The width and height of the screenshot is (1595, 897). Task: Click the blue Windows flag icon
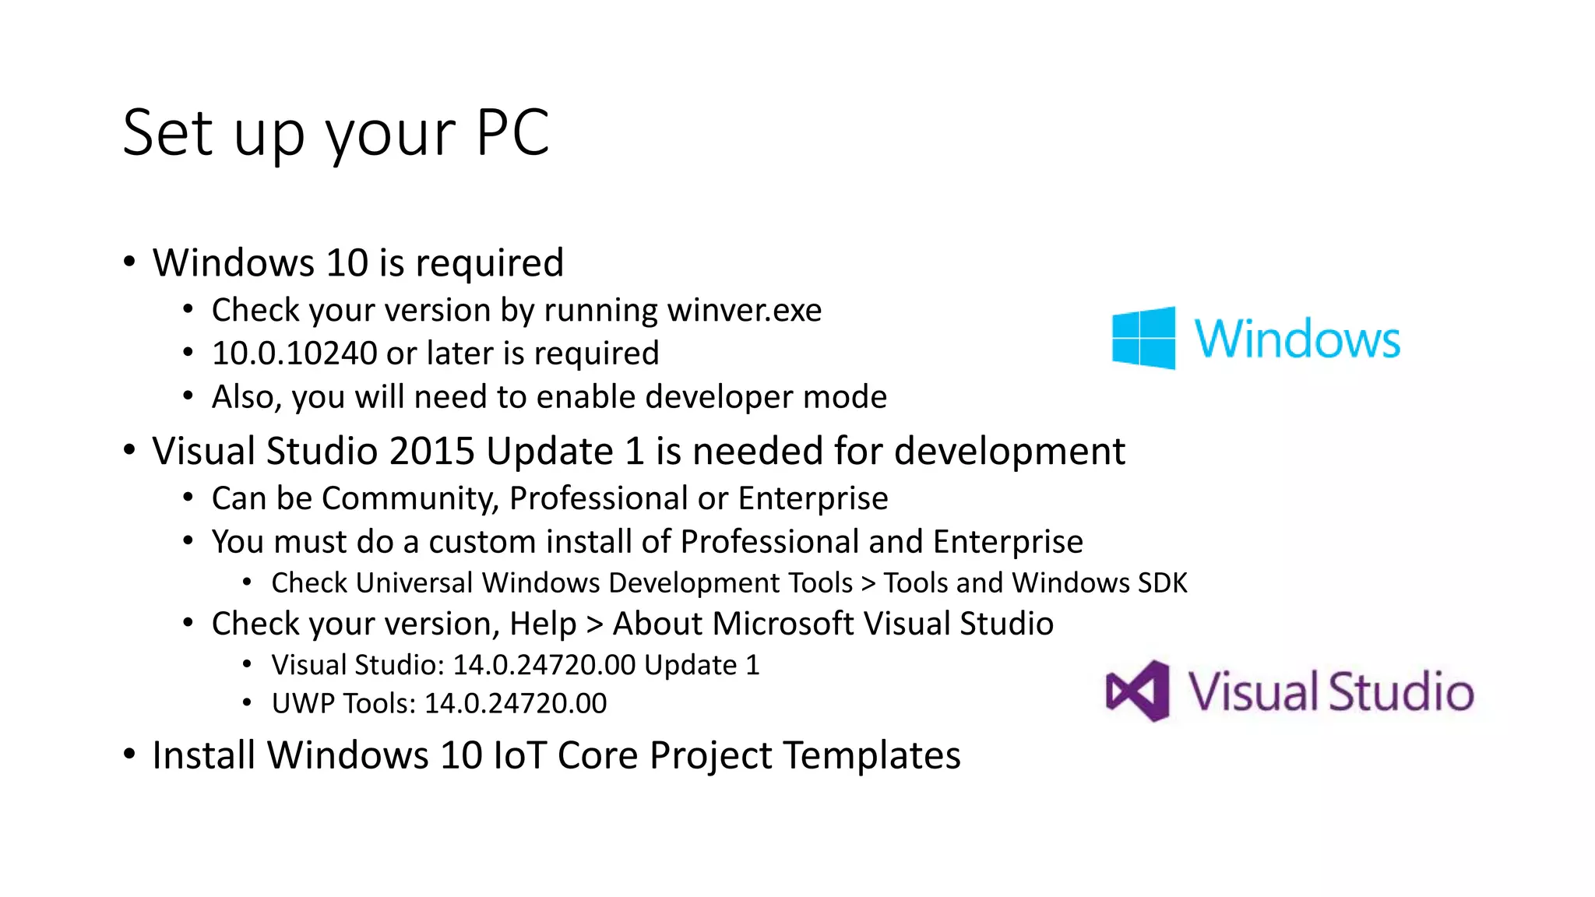[x=1143, y=338]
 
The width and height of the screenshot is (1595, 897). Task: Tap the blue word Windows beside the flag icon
[x=1297, y=339]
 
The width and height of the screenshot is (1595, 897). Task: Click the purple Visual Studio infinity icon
[x=1138, y=691]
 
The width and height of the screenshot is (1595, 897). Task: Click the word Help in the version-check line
[x=543, y=624]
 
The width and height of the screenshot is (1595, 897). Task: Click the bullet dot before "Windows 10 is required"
[x=129, y=262]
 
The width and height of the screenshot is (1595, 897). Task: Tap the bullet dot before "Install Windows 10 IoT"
[x=129, y=754]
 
